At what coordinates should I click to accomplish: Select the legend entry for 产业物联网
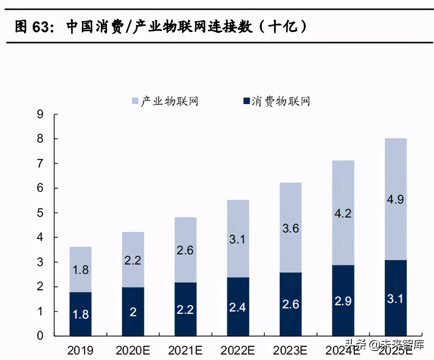point(165,101)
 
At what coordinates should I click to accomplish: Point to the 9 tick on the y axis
point(40,115)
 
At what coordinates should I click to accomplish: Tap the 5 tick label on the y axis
point(40,213)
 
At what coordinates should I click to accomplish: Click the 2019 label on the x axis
point(80,349)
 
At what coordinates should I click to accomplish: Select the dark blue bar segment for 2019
point(80,314)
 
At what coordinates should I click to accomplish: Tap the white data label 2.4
point(237,307)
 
